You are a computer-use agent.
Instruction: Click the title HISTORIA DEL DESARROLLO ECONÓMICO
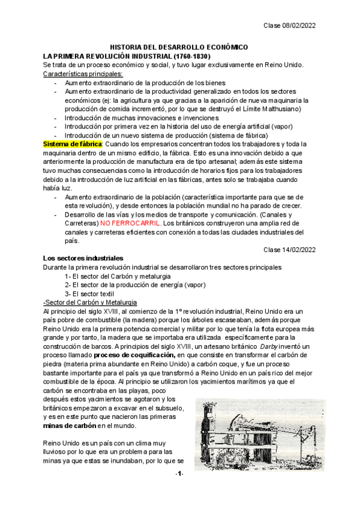(179, 47)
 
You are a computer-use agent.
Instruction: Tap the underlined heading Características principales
(82, 74)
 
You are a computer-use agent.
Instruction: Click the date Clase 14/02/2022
(290, 250)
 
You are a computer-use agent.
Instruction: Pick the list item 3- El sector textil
(99, 293)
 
